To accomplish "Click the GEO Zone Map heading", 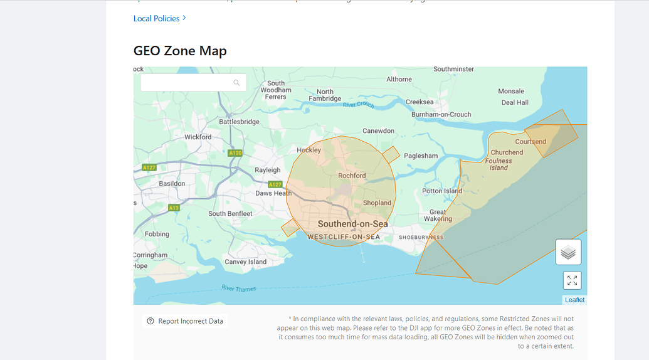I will coord(180,51).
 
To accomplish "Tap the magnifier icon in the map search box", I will coord(236,83).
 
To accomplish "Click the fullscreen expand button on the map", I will coord(571,280).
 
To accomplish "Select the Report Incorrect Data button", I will coord(185,321).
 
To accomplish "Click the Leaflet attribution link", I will coord(574,300).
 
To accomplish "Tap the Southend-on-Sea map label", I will coord(352,224).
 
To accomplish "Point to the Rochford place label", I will coord(352,176).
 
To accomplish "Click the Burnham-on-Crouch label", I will coord(441,115).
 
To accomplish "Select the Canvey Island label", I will coord(245,262).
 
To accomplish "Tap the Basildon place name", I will coord(172,184).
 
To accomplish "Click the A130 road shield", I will coord(235,153).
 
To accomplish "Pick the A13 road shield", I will coord(174,208).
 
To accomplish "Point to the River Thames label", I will coord(238,289).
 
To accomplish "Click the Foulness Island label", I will coord(499,164).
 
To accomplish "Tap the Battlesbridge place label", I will coord(239,122).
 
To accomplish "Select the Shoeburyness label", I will coord(421,237).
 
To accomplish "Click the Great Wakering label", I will coord(438,215).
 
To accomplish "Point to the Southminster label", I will coord(453,69).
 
